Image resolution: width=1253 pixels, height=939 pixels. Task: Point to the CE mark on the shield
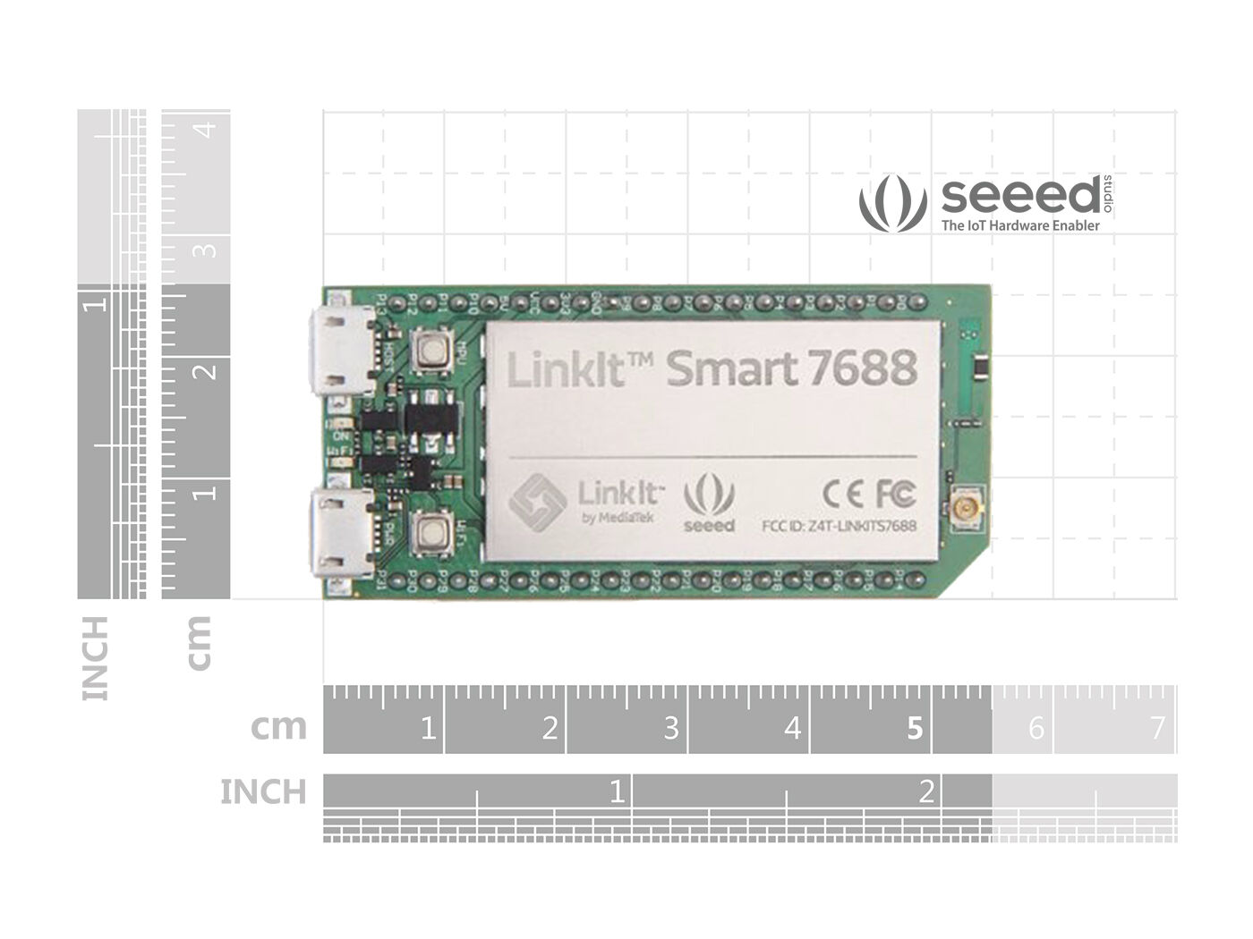[x=840, y=493]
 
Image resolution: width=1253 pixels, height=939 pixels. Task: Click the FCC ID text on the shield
[x=837, y=527]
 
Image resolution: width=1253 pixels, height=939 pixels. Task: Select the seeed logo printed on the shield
[x=709, y=506]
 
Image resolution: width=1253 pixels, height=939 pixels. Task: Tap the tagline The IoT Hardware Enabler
[x=1020, y=226]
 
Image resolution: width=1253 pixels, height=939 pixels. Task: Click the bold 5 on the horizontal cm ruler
[x=914, y=729]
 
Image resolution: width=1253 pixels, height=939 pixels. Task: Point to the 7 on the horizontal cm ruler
[x=1157, y=729]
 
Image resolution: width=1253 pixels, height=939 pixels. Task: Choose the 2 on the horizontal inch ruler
[x=926, y=791]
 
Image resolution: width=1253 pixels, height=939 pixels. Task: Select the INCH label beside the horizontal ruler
[x=263, y=792]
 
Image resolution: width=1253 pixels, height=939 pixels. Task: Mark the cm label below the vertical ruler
[x=199, y=642]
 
